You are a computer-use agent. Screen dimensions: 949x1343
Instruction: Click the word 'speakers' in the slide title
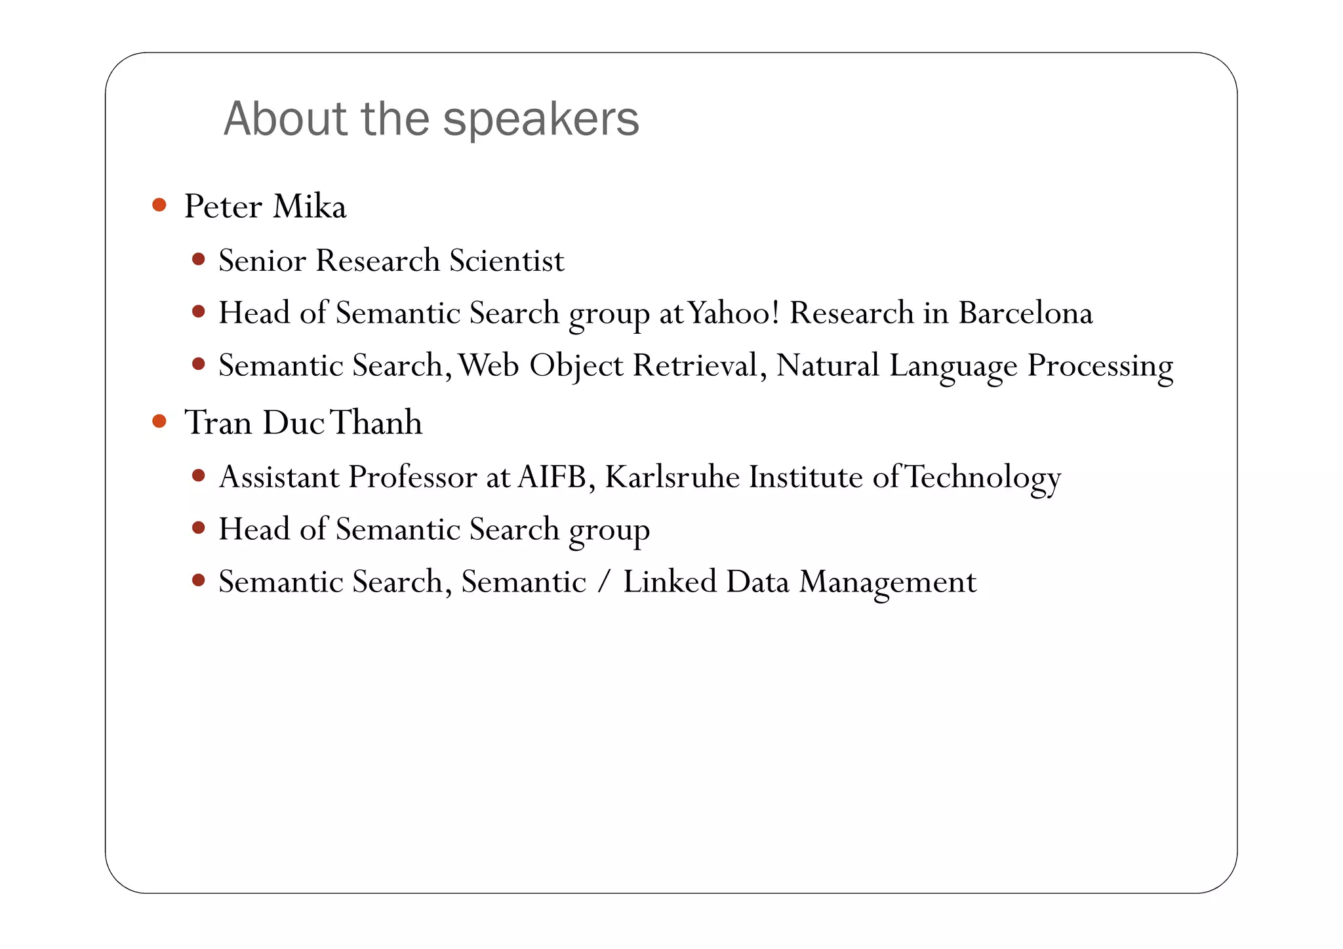(x=540, y=120)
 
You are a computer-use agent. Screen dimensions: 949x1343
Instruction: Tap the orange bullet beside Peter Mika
(x=159, y=205)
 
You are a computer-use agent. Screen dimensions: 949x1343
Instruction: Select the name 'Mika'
(x=310, y=207)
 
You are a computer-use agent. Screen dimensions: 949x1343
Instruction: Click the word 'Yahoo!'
(x=733, y=313)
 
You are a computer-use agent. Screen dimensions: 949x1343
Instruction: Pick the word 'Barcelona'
(x=1026, y=313)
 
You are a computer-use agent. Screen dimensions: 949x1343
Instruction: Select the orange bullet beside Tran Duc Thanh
(x=159, y=420)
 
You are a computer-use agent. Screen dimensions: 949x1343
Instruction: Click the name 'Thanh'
(x=376, y=422)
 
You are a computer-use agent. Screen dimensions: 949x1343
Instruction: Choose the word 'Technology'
(x=983, y=478)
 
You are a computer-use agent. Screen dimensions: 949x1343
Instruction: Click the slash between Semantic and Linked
(x=604, y=582)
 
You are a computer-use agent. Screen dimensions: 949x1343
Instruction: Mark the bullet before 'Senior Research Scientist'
(x=199, y=259)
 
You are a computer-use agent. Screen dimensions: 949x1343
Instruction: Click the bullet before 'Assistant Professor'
(x=199, y=475)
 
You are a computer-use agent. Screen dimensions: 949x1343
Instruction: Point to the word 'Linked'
(x=670, y=582)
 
